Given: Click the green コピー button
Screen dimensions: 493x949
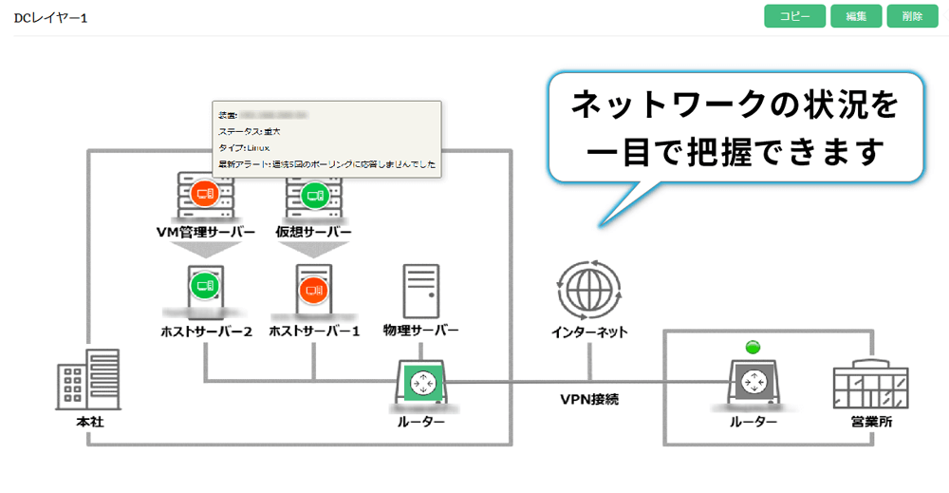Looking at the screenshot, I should pyautogui.click(x=794, y=16).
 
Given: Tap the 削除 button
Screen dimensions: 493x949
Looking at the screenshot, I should pyautogui.click(x=912, y=16).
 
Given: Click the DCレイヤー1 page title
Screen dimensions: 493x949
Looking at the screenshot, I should pyautogui.click(x=50, y=18).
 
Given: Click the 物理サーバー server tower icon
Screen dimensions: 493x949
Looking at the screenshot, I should pyautogui.click(x=420, y=291).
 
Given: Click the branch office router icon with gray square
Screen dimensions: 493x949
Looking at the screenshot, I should pyautogui.click(x=754, y=383).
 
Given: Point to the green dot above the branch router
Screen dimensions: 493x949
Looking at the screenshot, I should pyautogui.click(x=754, y=347).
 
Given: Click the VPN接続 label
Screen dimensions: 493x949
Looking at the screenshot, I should pyautogui.click(x=588, y=400).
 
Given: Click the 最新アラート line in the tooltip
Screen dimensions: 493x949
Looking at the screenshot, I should pyautogui.click(x=326, y=164).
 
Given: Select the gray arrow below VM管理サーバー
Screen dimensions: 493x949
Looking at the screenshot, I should pyautogui.click(x=204, y=250).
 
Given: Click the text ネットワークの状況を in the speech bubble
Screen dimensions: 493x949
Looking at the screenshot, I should pyautogui.click(x=735, y=106).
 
